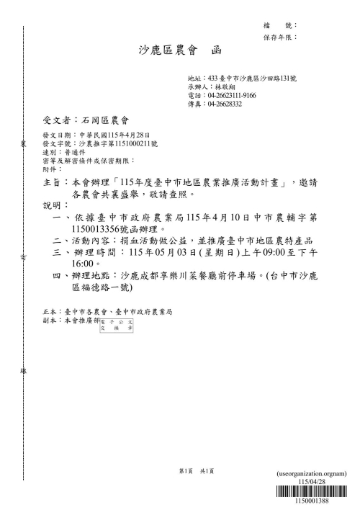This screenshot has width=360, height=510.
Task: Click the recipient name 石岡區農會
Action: point(105,120)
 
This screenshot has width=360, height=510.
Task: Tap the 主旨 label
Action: point(53,183)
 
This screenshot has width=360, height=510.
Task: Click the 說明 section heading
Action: point(53,206)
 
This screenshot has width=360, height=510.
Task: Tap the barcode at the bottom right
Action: point(318,493)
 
